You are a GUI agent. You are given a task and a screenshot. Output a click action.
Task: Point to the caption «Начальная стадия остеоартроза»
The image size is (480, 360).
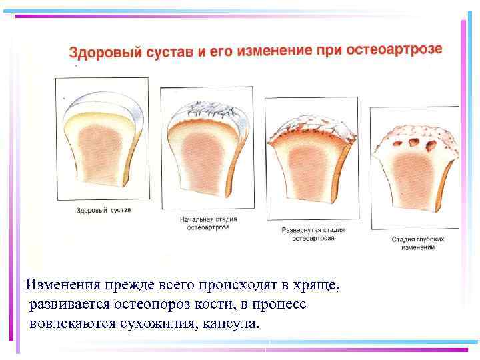pos(209,223)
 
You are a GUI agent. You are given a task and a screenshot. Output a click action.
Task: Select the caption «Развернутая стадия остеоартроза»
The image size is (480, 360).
pos(313,234)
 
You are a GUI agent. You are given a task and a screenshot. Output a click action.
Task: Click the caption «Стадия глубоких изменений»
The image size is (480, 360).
pos(417,243)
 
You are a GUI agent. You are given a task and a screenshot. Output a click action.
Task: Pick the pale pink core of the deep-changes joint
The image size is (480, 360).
pos(416,183)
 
